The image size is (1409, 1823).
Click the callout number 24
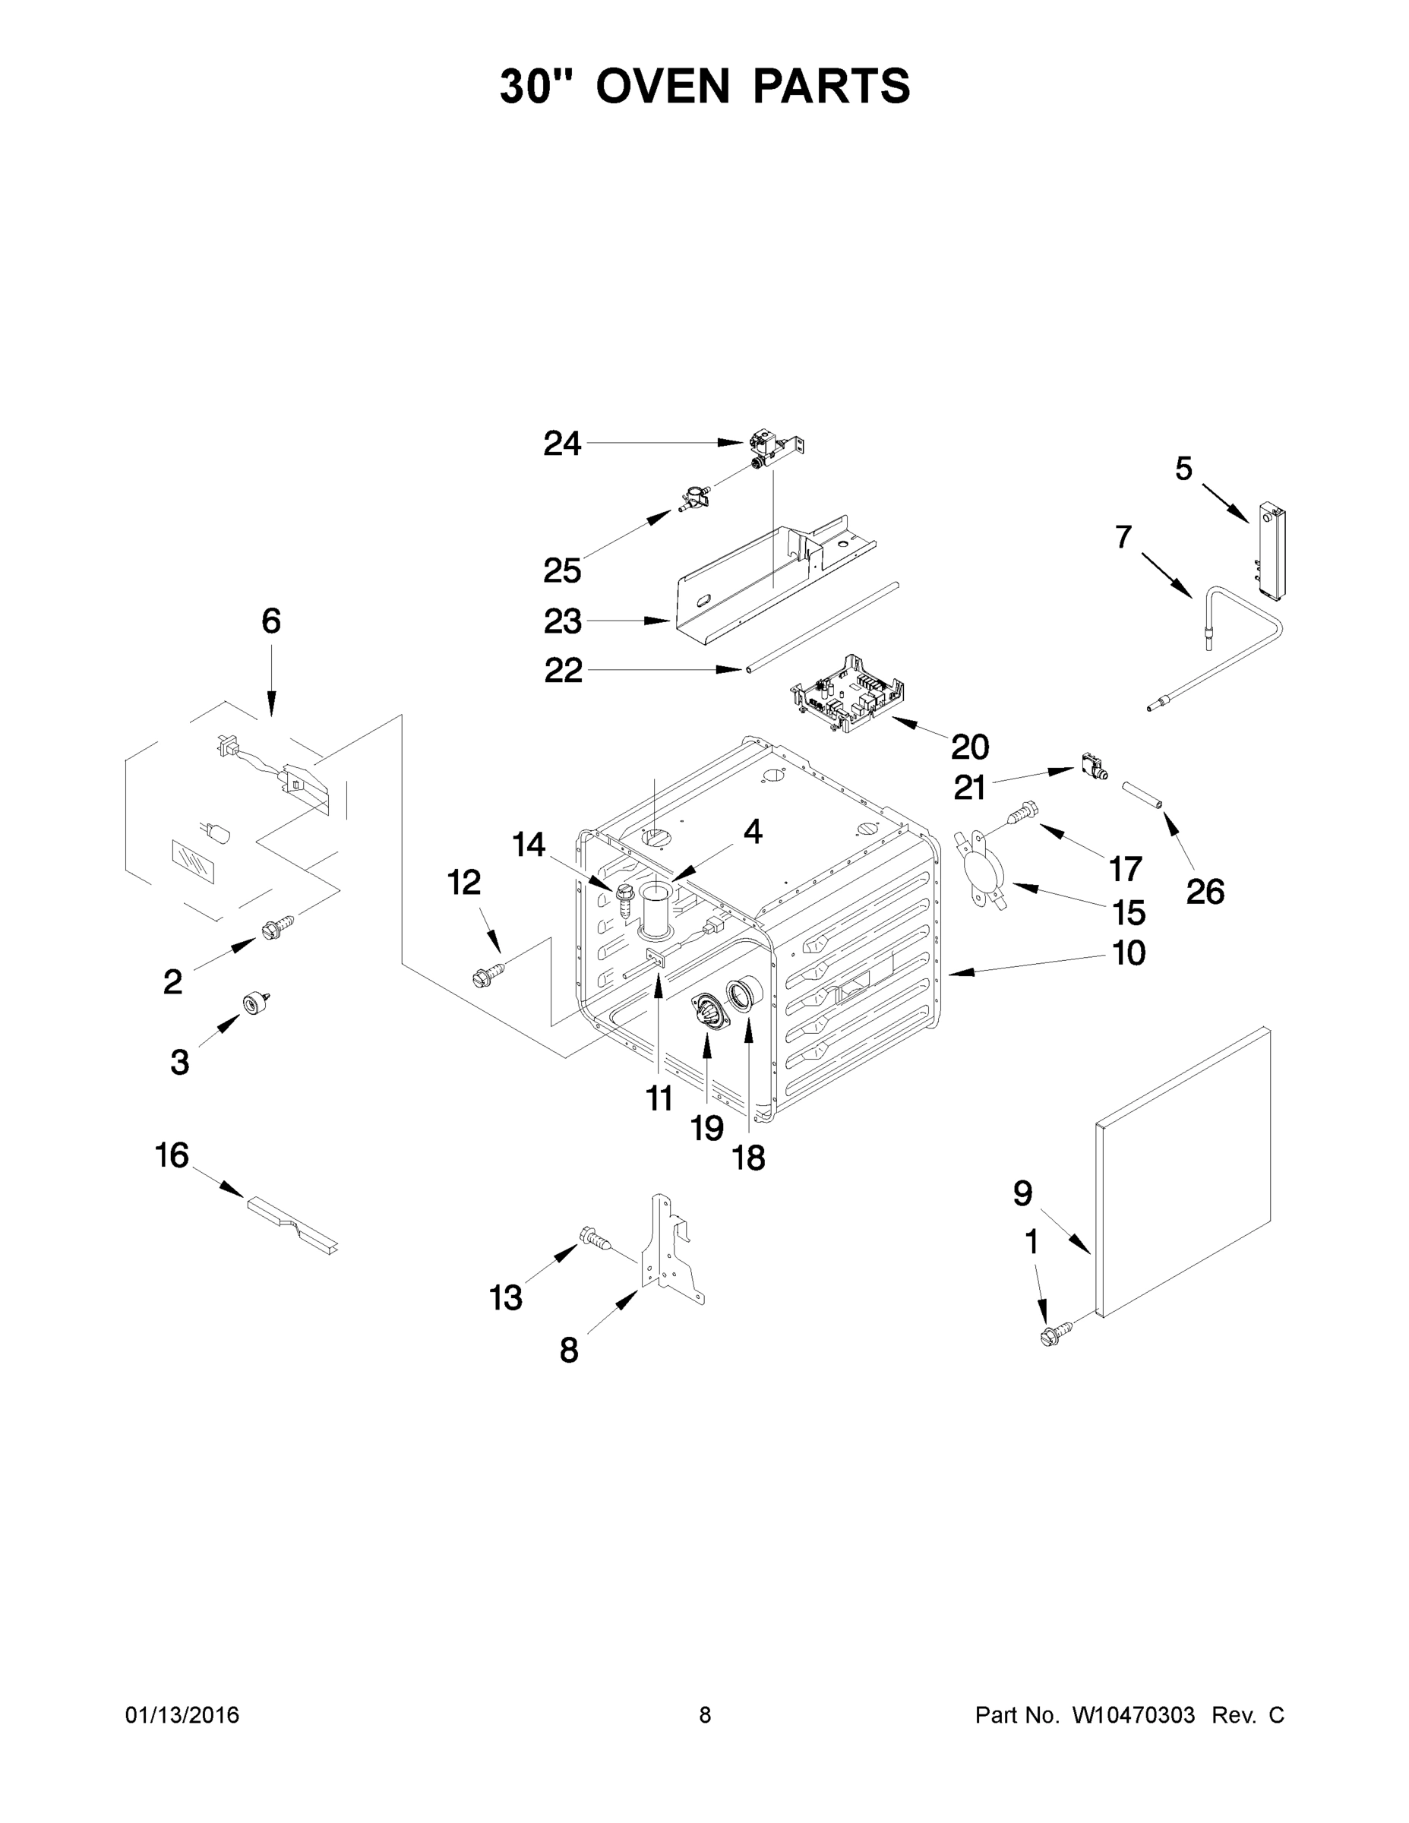(x=562, y=444)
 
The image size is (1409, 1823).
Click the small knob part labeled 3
(x=252, y=1003)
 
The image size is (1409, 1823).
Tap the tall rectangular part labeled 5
(x=1271, y=551)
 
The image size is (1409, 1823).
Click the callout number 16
(x=172, y=1156)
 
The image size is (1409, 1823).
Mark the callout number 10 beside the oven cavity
(x=1129, y=953)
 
